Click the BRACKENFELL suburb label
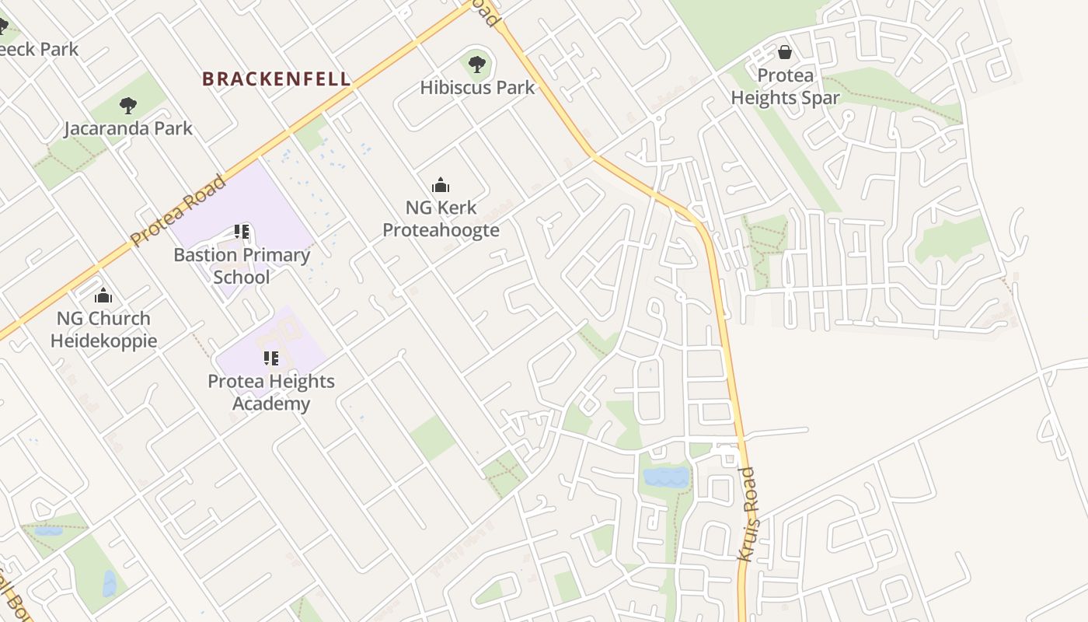276,79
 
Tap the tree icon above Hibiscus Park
477,65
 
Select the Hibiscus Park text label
477,87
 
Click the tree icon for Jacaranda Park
128,106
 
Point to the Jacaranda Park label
128,128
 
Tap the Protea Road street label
178,211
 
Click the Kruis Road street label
748,513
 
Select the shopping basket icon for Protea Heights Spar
785,52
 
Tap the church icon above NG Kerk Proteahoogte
441,185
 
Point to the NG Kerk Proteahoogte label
441,219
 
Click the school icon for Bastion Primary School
241,232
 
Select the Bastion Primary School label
241,266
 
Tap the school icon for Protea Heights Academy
270,358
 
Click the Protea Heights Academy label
270,393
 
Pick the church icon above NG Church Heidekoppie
103,295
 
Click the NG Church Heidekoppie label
103,330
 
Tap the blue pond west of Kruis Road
666,477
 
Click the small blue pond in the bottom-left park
110,583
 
